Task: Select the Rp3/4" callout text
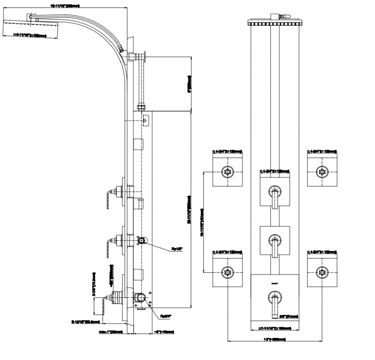click(x=165, y=316)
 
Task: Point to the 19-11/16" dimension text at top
click(x=64, y=6)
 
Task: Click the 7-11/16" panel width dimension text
click(x=275, y=328)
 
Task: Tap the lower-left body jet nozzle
click(x=228, y=271)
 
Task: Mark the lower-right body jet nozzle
click(x=322, y=271)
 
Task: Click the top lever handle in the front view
click(x=275, y=197)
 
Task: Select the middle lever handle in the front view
click(x=275, y=246)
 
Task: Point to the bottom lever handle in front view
click(x=275, y=302)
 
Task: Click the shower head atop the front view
click(x=275, y=22)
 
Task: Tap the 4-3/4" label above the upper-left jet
click(x=228, y=151)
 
